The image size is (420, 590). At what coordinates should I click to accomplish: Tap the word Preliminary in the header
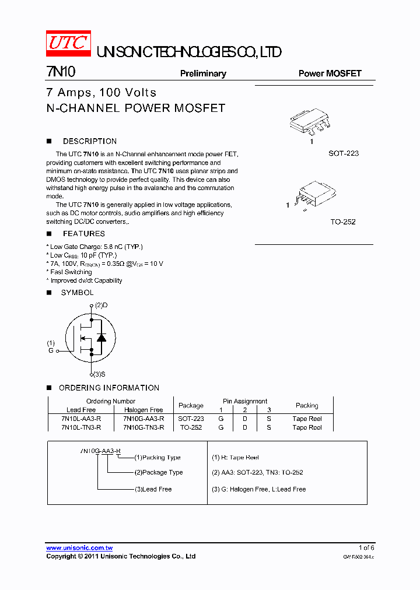[202, 73]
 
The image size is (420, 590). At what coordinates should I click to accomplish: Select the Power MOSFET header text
[330, 73]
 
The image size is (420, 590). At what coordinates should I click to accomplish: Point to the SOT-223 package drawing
[311, 122]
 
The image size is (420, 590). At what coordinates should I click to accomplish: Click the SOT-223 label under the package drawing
[343, 153]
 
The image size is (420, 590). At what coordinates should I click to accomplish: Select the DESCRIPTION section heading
[89, 141]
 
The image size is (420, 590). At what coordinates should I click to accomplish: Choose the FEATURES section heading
[83, 234]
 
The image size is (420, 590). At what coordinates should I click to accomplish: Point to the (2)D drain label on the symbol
[101, 305]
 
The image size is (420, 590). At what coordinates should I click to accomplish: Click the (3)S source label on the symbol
[100, 374]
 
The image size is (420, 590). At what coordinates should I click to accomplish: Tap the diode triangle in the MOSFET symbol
[101, 338]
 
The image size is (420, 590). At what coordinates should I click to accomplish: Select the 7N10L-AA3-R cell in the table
[81, 419]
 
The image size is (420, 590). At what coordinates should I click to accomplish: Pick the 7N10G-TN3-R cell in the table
[143, 427]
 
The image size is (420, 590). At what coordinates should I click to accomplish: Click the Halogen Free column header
[143, 410]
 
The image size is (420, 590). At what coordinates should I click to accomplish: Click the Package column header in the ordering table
[191, 405]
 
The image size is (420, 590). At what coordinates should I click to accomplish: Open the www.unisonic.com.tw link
[79, 547]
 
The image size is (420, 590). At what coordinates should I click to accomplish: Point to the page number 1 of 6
[366, 547]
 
